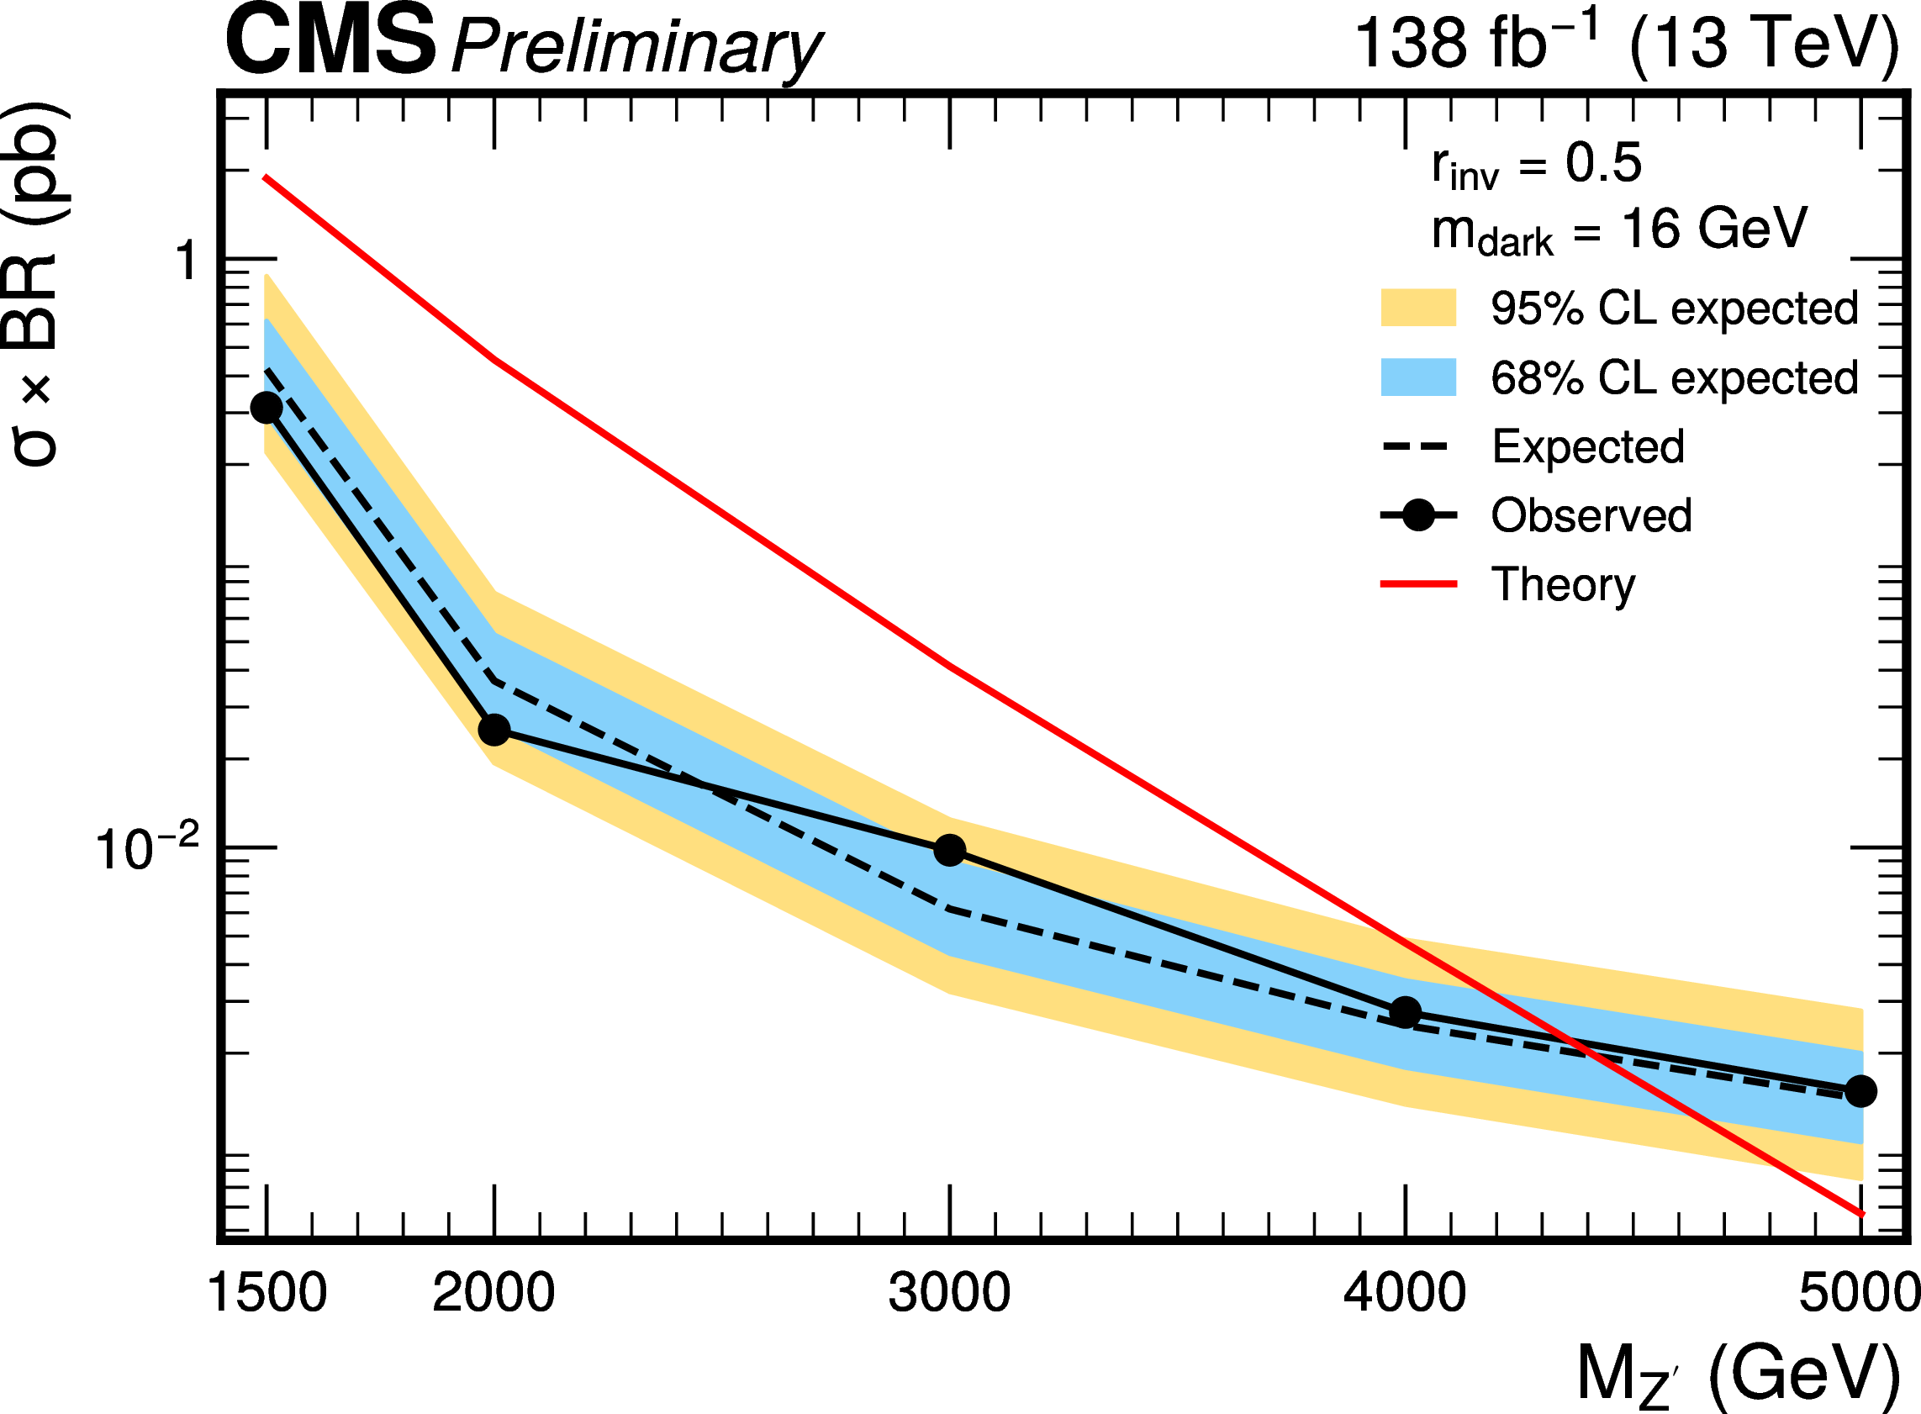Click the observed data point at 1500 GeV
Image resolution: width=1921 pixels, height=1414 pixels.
[x=267, y=408]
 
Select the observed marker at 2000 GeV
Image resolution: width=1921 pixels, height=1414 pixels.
[x=494, y=730]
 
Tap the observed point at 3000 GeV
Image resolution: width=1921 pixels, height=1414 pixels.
[x=949, y=850]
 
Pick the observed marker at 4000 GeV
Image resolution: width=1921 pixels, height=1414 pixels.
[x=1405, y=1012]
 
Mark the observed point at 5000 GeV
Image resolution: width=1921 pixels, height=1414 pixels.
[x=1860, y=1091]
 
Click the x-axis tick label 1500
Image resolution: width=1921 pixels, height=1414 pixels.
[x=267, y=1292]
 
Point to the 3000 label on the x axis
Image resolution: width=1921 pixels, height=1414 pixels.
[x=949, y=1292]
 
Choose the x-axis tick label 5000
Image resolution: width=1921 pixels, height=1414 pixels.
[x=1858, y=1292]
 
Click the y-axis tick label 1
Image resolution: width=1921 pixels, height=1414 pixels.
[x=187, y=261]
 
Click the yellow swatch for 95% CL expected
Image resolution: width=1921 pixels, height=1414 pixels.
[x=1417, y=309]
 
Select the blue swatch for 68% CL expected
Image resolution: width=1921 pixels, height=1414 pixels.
[x=1417, y=377]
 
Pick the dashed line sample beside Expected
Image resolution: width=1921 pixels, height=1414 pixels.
[x=1417, y=446]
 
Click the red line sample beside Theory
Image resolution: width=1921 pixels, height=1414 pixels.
[x=1417, y=584]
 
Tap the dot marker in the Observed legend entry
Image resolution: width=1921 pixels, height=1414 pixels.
[x=1418, y=515]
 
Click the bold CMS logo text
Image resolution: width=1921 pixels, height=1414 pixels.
[x=330, y=41]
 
